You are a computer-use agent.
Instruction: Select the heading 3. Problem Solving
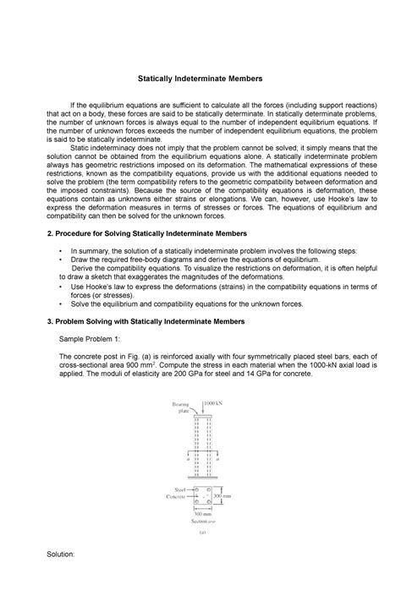149,322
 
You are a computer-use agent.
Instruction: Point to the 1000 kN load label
215,404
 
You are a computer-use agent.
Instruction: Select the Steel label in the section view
180,489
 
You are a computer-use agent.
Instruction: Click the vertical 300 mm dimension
222,497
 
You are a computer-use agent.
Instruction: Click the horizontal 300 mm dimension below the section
200,513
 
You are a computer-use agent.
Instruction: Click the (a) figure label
201,533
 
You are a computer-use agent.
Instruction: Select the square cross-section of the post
200,496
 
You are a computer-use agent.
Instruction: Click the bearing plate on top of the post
200,413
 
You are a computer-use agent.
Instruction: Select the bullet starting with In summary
213,251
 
